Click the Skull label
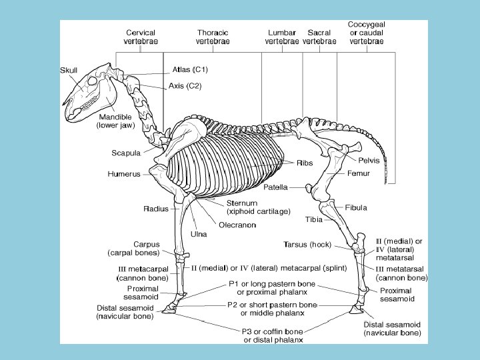pos(69,71)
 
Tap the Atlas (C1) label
pos(191,69)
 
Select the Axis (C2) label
pos(185,85)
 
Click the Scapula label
pos(125,153)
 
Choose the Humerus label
pos(124,174)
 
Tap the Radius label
pos(155,209)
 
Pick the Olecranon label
pos(237,225)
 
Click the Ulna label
pos(199,233)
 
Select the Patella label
pos(275,187)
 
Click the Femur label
pos(358,173)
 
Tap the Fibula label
pos(356,207)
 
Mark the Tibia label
pos(314,219)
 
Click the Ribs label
pos(305,162)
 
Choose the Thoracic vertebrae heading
pos(213,37)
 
